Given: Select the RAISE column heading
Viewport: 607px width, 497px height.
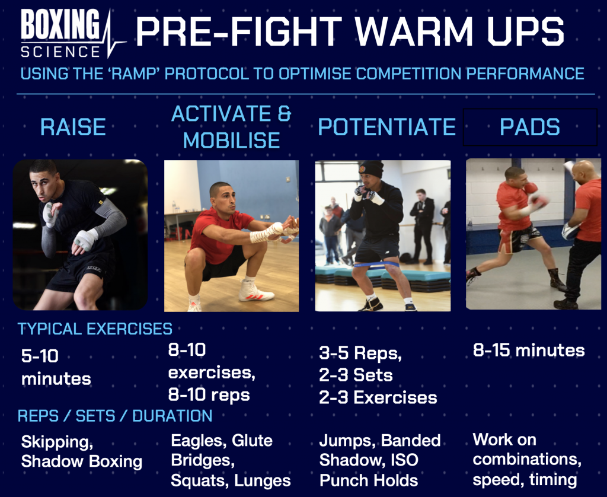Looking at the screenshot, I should pos(72,127).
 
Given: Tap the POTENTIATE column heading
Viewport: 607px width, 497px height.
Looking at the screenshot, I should pos(386,127).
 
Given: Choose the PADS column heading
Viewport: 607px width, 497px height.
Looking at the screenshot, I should pos(529,127).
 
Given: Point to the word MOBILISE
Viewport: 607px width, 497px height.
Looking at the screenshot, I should pos(231,140).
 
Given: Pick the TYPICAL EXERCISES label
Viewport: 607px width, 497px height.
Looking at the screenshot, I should pos(95,329).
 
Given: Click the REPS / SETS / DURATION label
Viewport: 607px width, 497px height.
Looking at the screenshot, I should pos(115,415).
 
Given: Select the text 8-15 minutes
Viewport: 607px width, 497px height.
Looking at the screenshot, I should pos(529,350).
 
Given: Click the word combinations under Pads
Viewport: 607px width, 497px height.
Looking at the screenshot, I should pos(526,460).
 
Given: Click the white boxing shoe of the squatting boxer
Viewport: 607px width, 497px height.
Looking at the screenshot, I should pos(255,292).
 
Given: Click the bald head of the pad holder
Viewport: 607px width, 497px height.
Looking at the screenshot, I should pos(584,170).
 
